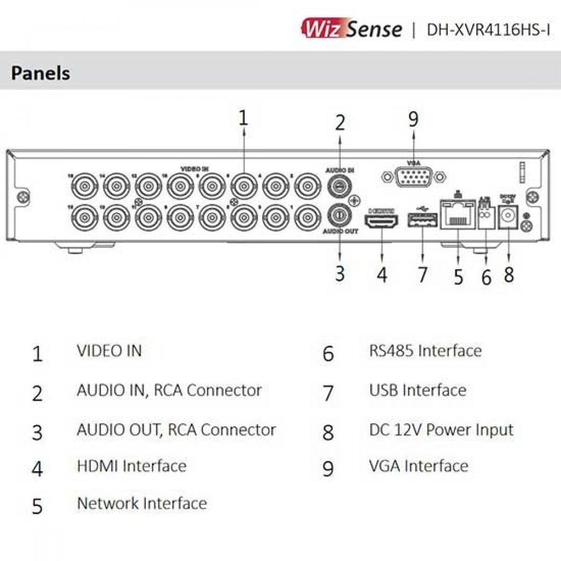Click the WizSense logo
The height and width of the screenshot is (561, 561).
click(x=352, y=29)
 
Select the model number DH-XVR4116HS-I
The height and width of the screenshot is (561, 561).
click(x=488, y=29)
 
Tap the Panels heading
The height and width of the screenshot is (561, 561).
click(x=41, y=73)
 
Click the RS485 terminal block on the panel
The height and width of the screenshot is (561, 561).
click(x=485, y=216)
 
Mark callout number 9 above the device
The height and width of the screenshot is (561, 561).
click(x=413, y=119)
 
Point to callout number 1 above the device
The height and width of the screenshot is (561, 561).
click(x=243, y=118)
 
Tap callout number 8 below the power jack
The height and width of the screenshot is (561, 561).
click(x=509, y=274)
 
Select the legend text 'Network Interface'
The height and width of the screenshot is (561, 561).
click(x=142, y=503)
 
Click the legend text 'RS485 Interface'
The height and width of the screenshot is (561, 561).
click(x=425, y=351)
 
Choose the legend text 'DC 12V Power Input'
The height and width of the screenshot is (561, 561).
click(x=441, y=430)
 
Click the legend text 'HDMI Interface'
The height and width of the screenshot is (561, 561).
click(x=131, y=466)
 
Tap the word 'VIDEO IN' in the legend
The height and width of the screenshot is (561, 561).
click(x=109, y=351)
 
